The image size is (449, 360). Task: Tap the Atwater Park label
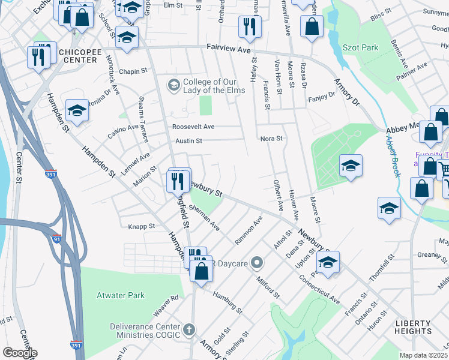click(113, 295)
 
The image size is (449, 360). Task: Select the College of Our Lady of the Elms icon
click(174, 85)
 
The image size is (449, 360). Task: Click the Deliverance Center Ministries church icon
click(189, 329)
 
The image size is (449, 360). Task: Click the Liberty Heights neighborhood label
click(413, 327)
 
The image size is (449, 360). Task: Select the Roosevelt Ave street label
click(193, 127)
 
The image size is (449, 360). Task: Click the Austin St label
click(188, 141)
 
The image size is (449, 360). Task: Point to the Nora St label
click(271, 139)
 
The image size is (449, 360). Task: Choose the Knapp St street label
click(142, 227)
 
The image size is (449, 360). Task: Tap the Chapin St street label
click(133, 71)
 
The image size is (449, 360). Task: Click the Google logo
click(19, 353)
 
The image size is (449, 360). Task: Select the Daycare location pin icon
click(258, 262)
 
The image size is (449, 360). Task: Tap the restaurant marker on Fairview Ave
click(249, 26)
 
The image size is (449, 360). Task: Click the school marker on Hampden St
click(77, 109)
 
